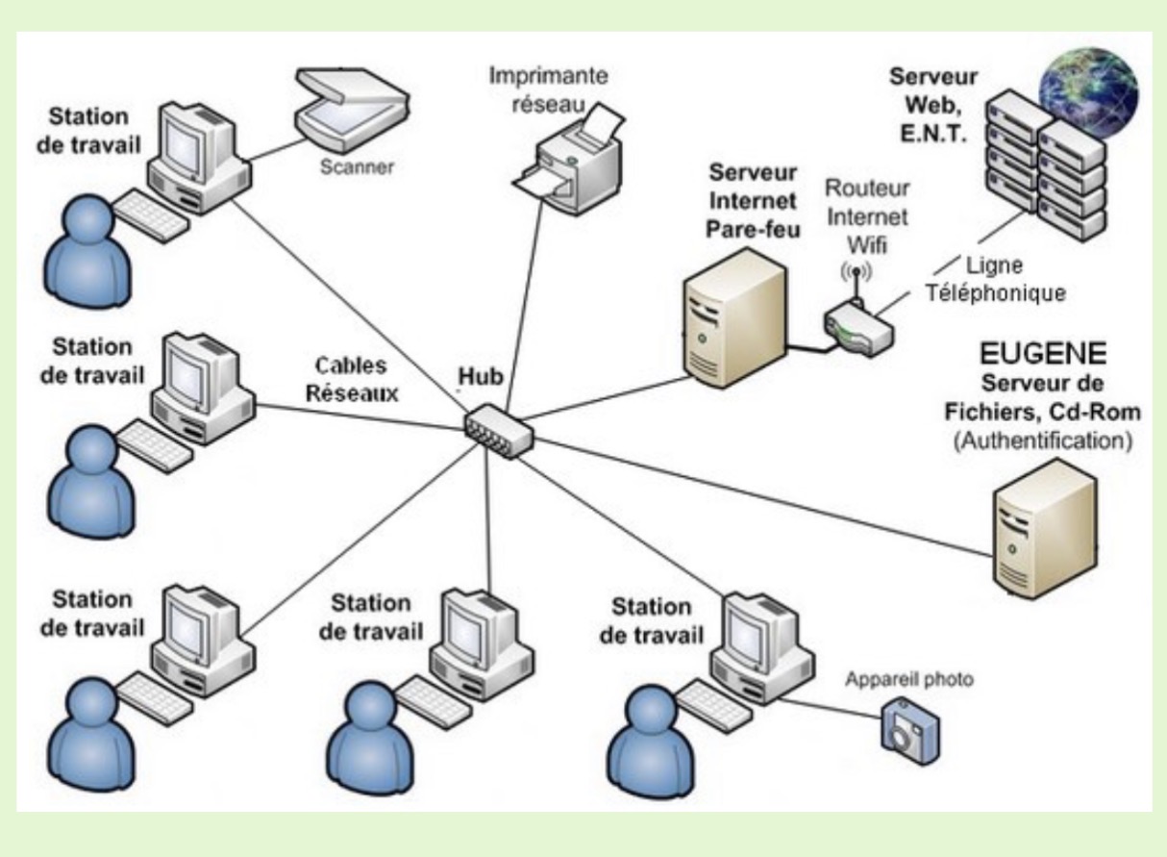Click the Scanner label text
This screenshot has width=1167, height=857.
358,167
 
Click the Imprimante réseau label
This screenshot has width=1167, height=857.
549,88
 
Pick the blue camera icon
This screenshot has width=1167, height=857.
906,724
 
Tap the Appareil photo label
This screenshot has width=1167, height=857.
909,680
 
